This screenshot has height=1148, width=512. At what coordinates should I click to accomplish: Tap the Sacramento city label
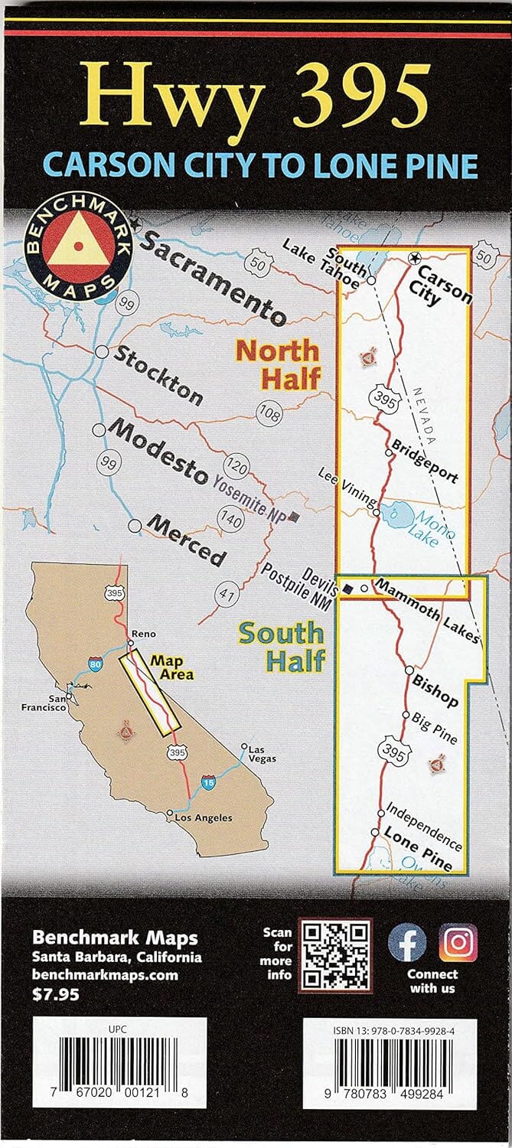click(x=212, y=282)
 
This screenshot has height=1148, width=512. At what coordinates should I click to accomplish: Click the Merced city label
click(x=188, y=540)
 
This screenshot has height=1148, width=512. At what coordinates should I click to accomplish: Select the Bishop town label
click(x=435, y=689)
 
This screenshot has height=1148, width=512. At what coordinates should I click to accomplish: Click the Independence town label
click(x=424, y=826)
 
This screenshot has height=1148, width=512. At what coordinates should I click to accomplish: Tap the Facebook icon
click(x=407, y=942)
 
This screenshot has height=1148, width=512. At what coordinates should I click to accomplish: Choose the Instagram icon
click(x=458, y=942)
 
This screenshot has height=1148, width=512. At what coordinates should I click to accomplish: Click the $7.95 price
click(x=55, y=994)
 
